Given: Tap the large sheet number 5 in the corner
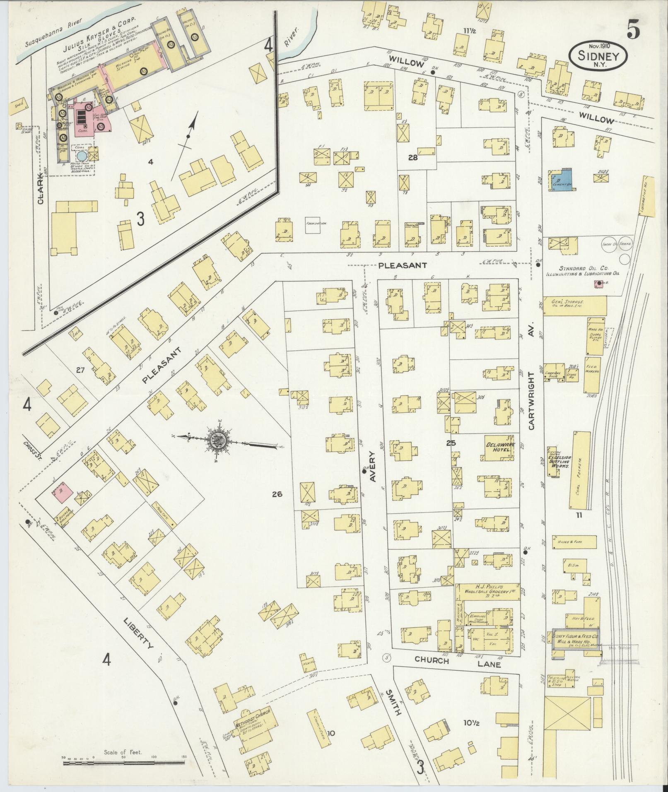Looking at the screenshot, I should click(x=633, y=29).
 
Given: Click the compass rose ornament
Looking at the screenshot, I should click(x=219, y=441).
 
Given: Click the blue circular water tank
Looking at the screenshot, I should click(x=82, y=156).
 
